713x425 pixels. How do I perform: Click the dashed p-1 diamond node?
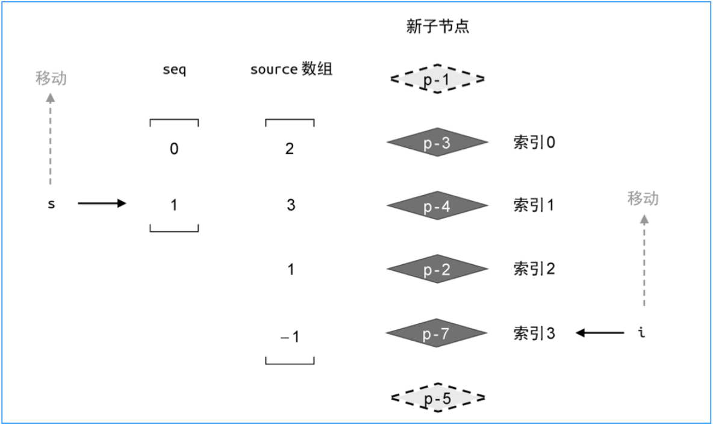437,79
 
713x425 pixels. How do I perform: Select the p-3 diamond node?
437,143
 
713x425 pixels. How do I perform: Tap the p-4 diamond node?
437,206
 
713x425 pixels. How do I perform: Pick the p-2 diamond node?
437,269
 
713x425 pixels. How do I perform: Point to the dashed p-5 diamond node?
437,397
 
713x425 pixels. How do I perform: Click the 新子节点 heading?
437,28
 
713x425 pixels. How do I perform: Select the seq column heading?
174,70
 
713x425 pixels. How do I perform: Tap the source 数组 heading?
291,70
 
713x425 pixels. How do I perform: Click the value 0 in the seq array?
174,149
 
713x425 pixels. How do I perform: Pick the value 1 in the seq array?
174,205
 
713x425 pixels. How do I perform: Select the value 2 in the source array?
290,149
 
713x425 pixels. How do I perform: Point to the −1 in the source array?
290,337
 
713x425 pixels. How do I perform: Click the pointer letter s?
51,205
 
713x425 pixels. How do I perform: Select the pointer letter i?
643,332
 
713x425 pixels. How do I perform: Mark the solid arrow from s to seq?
102,204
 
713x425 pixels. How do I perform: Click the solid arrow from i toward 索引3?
600,332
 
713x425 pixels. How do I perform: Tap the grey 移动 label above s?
51,78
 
